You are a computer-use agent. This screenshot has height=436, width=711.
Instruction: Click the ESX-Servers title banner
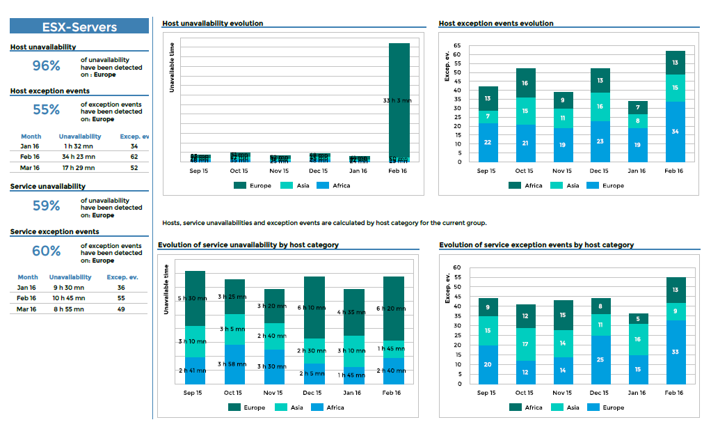coord(79,26)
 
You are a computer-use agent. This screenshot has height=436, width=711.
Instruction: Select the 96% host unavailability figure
coord(47,66)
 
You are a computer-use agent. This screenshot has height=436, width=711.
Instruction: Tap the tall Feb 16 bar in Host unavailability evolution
coord(399,101)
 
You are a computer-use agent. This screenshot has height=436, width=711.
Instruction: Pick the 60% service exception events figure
coord(47,251)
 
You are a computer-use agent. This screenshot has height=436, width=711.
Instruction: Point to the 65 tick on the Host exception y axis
coord(456,45)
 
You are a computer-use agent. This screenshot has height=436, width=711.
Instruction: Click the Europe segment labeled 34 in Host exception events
coord(675,132)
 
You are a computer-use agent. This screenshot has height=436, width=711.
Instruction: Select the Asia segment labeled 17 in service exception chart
coord(525,344)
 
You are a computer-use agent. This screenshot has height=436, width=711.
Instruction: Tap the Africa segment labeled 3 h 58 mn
coord(234,364)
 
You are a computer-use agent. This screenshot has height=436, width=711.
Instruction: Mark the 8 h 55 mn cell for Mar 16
coord(68,309)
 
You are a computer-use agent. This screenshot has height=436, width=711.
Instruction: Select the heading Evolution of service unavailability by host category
coord(248,245)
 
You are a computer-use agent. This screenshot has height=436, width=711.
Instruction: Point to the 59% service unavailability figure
coord(47,206)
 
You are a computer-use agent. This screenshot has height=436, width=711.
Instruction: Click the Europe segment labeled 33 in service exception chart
coord(675,352)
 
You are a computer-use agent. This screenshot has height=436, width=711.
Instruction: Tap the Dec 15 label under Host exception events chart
coord(600,171)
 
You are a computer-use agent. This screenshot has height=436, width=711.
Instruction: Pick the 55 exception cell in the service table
coord(121,298)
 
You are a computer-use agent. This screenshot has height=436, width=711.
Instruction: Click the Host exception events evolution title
coord(496,24)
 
